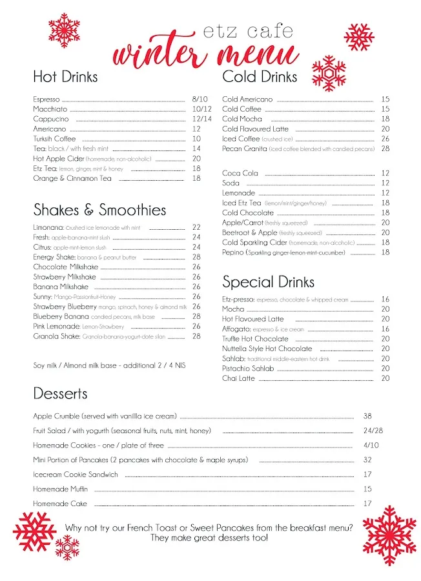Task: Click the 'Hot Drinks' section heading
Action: pos(65,77)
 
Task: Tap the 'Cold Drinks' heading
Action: pos(260,77)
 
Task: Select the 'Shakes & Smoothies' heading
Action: pos(99,210)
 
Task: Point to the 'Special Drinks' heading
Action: pos(268,282)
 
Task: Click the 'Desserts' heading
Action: pos(60,393)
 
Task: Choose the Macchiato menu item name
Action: pos(50,109)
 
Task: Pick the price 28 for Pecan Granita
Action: pos(385,148)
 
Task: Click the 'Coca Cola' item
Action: pos(240,173)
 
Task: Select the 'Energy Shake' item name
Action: pos(54,257)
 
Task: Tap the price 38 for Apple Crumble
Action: pos(367,416)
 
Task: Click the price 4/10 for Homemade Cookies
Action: pos(371,445)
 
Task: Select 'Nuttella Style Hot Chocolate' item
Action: pos(267,349)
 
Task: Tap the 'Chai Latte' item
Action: pos(238,378)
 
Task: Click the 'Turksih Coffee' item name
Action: pos(54,139)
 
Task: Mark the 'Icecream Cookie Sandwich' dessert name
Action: pos(76,474)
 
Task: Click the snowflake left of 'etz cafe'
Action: pos(64,30)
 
